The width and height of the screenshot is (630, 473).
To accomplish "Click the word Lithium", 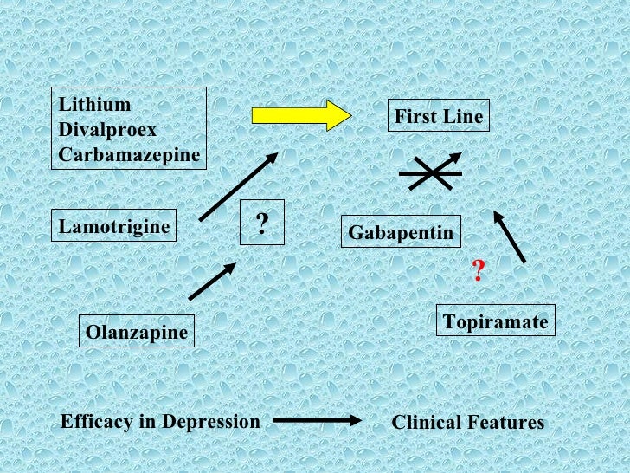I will (x=95, y=105).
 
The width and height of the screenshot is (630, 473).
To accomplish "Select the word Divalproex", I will (x=107, y=130).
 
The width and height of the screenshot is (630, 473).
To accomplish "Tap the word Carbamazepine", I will (x=129, y=156).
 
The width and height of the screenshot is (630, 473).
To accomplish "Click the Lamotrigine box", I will (x=114, y=228).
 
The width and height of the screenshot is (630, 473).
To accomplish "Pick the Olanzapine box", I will (x=136, y=332).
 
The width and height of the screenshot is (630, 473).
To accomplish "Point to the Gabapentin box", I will (x=401, y=232).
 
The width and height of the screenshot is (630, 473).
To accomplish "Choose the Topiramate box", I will (x=495, y=322).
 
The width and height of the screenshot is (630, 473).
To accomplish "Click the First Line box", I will (x=439, y=116).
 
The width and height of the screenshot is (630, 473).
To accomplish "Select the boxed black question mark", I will (x=261, y=222).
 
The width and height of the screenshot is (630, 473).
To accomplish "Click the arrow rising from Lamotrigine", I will (x=238, y=186).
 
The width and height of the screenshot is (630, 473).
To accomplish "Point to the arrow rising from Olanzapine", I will (x=212, y=282).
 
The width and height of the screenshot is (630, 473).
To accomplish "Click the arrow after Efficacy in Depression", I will (x=317, y=421).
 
